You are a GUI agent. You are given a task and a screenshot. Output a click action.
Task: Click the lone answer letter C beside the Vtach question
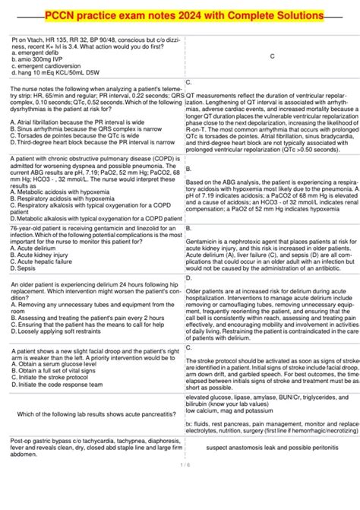pos(271,55)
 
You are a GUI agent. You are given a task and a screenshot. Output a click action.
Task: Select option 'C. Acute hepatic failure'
pos(47,239)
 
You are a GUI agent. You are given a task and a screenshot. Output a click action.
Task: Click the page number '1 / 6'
pos(180,464)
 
